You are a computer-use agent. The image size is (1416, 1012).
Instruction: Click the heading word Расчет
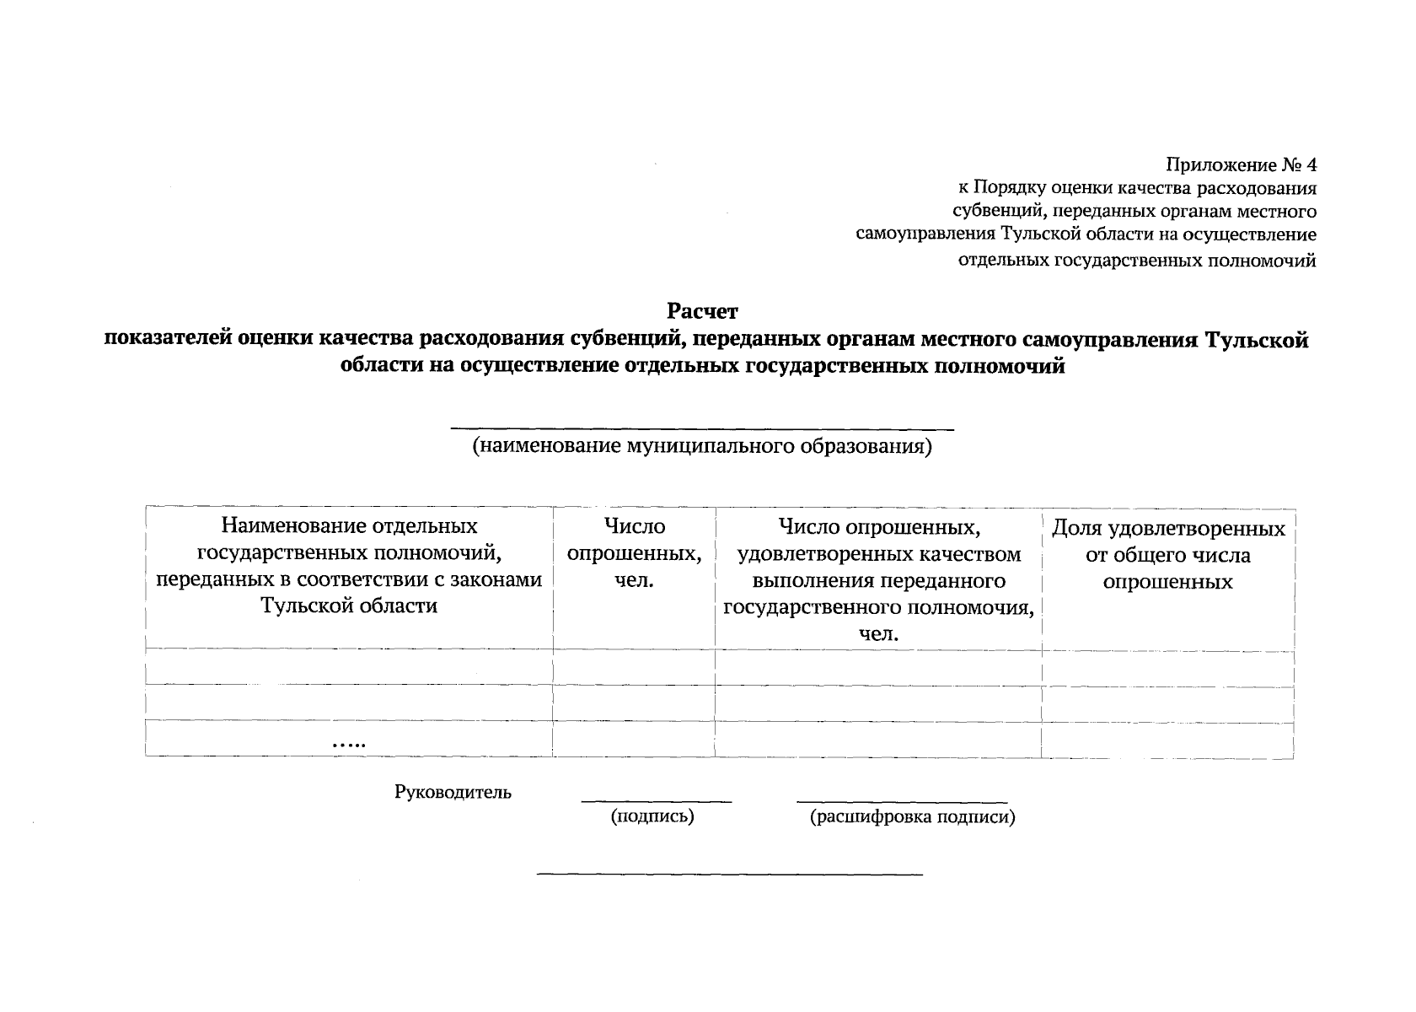[702, 313]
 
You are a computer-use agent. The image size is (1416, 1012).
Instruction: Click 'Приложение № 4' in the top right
[1241, 164]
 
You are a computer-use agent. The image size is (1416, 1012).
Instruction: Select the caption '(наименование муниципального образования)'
[702, 446]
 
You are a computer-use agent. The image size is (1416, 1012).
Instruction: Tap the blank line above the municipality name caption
[702, 430]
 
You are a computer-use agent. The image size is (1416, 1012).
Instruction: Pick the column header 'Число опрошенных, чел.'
[634, 553]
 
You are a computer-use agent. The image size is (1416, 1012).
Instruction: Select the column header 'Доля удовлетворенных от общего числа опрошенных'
[1167, 555]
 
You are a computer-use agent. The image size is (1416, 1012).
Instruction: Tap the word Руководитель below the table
[453, 792]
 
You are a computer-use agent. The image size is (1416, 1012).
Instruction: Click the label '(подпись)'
[652, 816]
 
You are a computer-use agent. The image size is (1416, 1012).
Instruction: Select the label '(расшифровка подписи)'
[912, 816]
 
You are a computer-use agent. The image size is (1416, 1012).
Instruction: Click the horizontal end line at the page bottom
[730, 874]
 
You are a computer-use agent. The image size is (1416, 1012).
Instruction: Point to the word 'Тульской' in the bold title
[1257, 340]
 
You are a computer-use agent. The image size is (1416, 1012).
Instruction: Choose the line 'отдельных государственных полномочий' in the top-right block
[1137, 261]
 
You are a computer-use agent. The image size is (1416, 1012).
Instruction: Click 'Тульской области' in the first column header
[349, 606]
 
